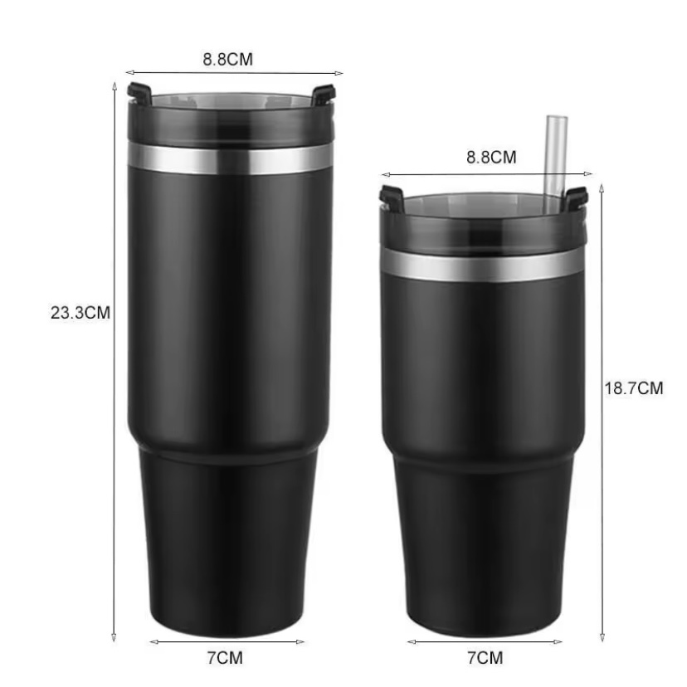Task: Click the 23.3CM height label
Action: [x=80, y=313]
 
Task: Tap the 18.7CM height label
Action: [x=634, y=388]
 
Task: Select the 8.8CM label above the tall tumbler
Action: [x=228, y=59]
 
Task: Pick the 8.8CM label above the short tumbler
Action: [x=491, y=157]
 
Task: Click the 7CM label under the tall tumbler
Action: [x=225, y=658]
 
